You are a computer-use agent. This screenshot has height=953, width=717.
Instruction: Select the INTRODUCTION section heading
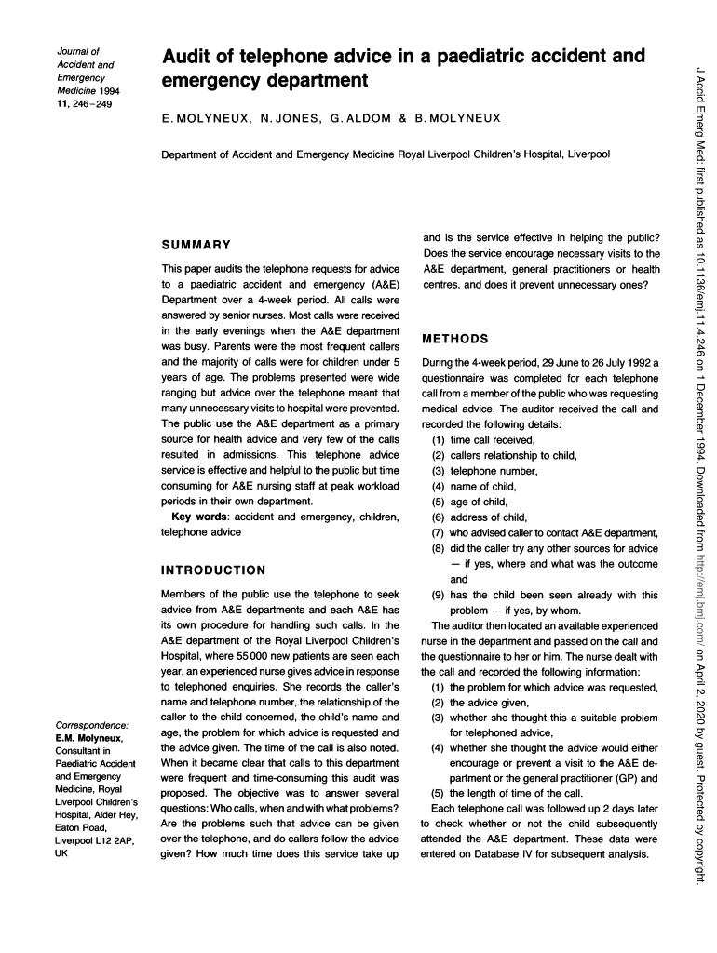213,570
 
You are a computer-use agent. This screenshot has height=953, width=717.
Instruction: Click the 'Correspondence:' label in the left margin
92,725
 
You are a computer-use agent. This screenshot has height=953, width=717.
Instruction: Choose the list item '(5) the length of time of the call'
503,793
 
